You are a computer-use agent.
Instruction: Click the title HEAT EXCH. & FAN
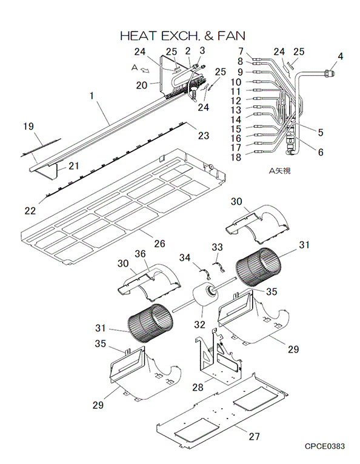(x=182, y=36)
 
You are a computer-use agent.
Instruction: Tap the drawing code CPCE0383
(x=325, y=446)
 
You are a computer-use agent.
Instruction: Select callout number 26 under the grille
(x=159, y=244)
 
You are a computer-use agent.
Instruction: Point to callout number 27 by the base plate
(x=254, y=436)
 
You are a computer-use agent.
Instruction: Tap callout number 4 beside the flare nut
(x=341, y=56)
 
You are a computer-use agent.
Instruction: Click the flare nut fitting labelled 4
(x=328, y=72)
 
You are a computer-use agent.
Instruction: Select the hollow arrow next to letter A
(x=145, y=70)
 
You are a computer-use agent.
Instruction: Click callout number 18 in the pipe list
(x=236, y=157)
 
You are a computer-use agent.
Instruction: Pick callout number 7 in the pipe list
(x=241, y=51)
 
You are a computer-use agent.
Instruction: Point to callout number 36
(x=141, y=254)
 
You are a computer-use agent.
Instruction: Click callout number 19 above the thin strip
(x=28, y=127)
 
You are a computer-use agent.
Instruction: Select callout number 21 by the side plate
(x=74, y=166)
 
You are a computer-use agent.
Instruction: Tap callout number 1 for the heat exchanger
(x=92, y=96)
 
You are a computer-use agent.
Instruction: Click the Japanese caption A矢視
(x=280, y=171)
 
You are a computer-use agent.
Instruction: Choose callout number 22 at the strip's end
(x=30, y=211)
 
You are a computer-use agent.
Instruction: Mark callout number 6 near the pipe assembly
(x=321, y=152)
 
